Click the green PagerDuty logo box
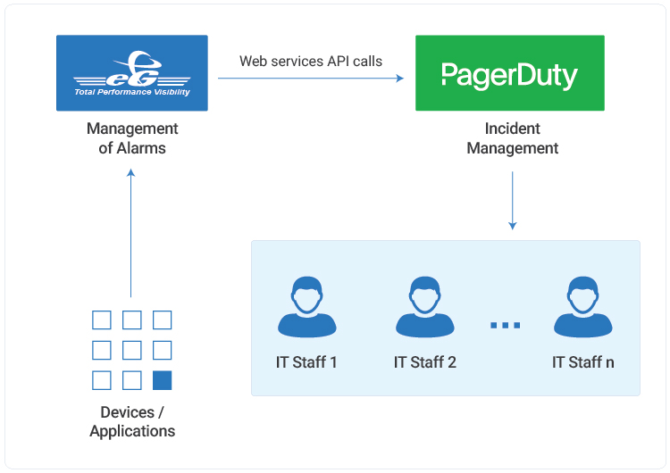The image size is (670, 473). pyautogui.click(x=509, y=73)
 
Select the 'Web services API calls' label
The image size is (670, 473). pyautogui.click(x=311, y=62)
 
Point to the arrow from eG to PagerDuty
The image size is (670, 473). pyautogui.click(x=311, y=79)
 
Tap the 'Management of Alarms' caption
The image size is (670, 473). pyautogui.click(x=132, y=138)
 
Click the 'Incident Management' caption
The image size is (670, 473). pyautogui.click(x=512, y=138)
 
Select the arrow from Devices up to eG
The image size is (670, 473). pyautogui.click(x=130, y=232)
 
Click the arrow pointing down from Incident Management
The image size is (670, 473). pyautogui.click(x=512, y=200)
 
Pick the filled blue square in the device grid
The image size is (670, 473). pyautogui.click(x=162, y=381)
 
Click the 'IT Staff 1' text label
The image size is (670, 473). pyautogui.click(x=306, y=362)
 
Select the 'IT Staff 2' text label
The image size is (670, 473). pyautogui.click(x=424, y=362)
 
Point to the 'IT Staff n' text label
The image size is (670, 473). pyautogui.click(x=582, y=362)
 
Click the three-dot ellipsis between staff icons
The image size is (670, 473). pyautogui.click(x=505, y=325)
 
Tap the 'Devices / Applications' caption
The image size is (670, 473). pyautogui.click(x=132, y=421)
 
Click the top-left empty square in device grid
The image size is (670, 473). pyautogui.click(x=102, y=320)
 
